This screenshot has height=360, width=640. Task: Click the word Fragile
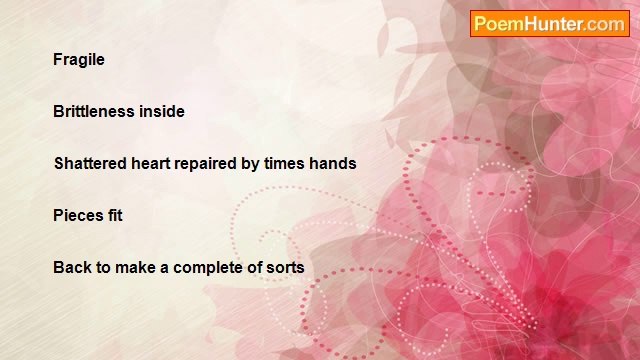[x=79, y=60]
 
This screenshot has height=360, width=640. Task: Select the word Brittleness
[x=94, y=111]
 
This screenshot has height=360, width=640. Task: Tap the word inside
[x=162, y=111]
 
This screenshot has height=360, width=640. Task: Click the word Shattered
[x=90, y=163]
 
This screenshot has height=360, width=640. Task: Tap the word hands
[x=333, y=163]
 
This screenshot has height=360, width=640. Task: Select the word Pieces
[x=78, y=215]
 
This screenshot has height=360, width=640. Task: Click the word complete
[x=208, y=268]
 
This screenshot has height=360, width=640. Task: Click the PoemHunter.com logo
[x=550, y=24]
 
